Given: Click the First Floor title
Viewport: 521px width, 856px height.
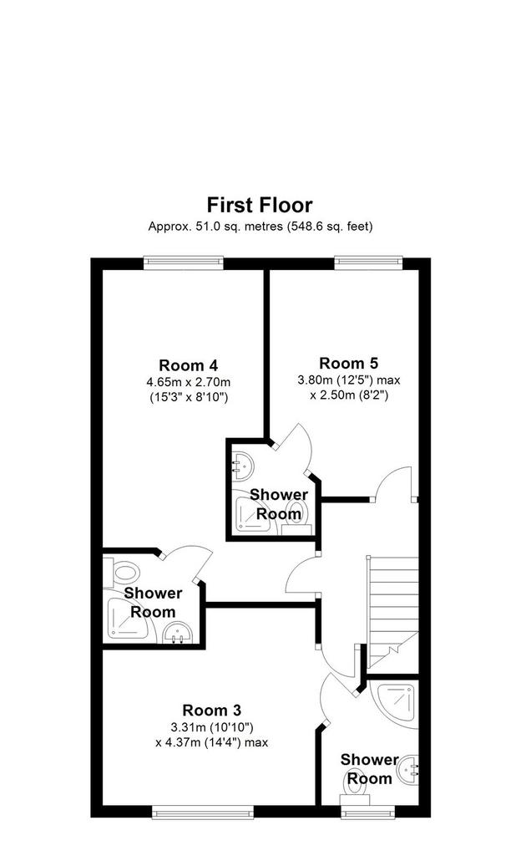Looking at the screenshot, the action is [260, 206].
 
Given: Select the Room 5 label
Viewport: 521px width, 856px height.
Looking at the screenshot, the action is [349, 363].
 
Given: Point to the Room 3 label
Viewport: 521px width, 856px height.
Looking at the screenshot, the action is [211, 711].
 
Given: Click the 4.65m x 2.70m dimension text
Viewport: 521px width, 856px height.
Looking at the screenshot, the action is [188, 381].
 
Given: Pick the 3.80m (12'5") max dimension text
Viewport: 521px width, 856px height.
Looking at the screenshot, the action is [349, 380].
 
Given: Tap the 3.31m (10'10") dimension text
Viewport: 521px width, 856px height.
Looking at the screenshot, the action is [211, 727].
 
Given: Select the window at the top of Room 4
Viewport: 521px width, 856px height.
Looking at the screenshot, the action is [184, 263].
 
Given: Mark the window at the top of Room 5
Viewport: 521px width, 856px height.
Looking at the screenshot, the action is [368, 263].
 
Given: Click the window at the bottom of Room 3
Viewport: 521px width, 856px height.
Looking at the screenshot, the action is [203, 812].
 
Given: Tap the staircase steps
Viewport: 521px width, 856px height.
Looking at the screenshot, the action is [392, 611].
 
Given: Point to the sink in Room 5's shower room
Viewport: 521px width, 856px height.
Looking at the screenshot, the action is [241, 466].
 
